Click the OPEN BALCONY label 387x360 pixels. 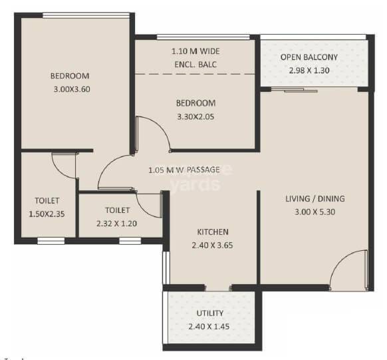tap(309, 57)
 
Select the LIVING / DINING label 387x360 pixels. tap(315, 199)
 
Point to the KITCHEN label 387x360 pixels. tap(213, 232)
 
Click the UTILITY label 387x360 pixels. tap(210, 313)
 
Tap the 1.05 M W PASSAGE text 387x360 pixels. tap(184, 170)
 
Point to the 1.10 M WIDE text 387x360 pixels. tap(196, 51)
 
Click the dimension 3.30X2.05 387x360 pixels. tap(196, 116)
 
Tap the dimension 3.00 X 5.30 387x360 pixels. tap(315, 212)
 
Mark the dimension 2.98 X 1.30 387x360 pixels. tap(309, 70)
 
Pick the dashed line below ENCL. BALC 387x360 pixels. tap(196, 74)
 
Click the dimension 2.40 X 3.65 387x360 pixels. tap(213, 245)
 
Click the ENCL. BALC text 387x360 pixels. tap(196, 65)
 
